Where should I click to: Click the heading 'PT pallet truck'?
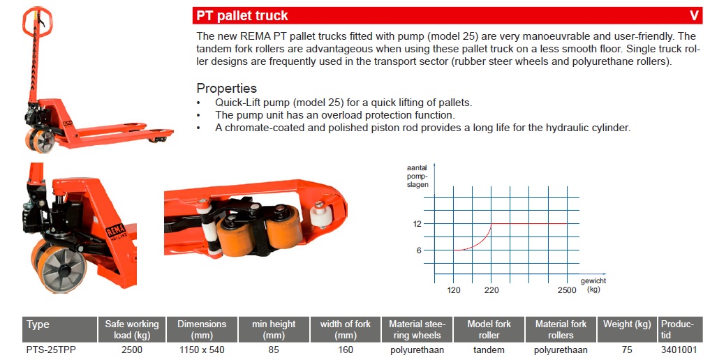pos(242,16)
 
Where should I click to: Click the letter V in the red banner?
pos(694,16)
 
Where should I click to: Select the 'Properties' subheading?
pos(226,88)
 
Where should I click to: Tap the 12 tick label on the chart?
pos(417,224)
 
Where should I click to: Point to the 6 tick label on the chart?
pos(419,250)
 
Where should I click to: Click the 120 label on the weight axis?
pos(454,290)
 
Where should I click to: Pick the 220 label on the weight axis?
pos(491,290)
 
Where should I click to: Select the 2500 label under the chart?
pos(567,290)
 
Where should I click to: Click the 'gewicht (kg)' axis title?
pos(593,285)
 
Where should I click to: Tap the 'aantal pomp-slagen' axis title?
pos(417,177)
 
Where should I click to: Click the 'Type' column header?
pos(38,324)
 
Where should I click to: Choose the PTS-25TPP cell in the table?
pos(48,350)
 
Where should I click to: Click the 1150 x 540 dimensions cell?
pos(202,350)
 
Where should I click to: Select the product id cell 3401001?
pos(679,350)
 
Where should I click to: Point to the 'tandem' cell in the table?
pos(489,350)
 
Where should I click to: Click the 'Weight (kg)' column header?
pos(627,324)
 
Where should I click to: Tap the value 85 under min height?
pos(274,350)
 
